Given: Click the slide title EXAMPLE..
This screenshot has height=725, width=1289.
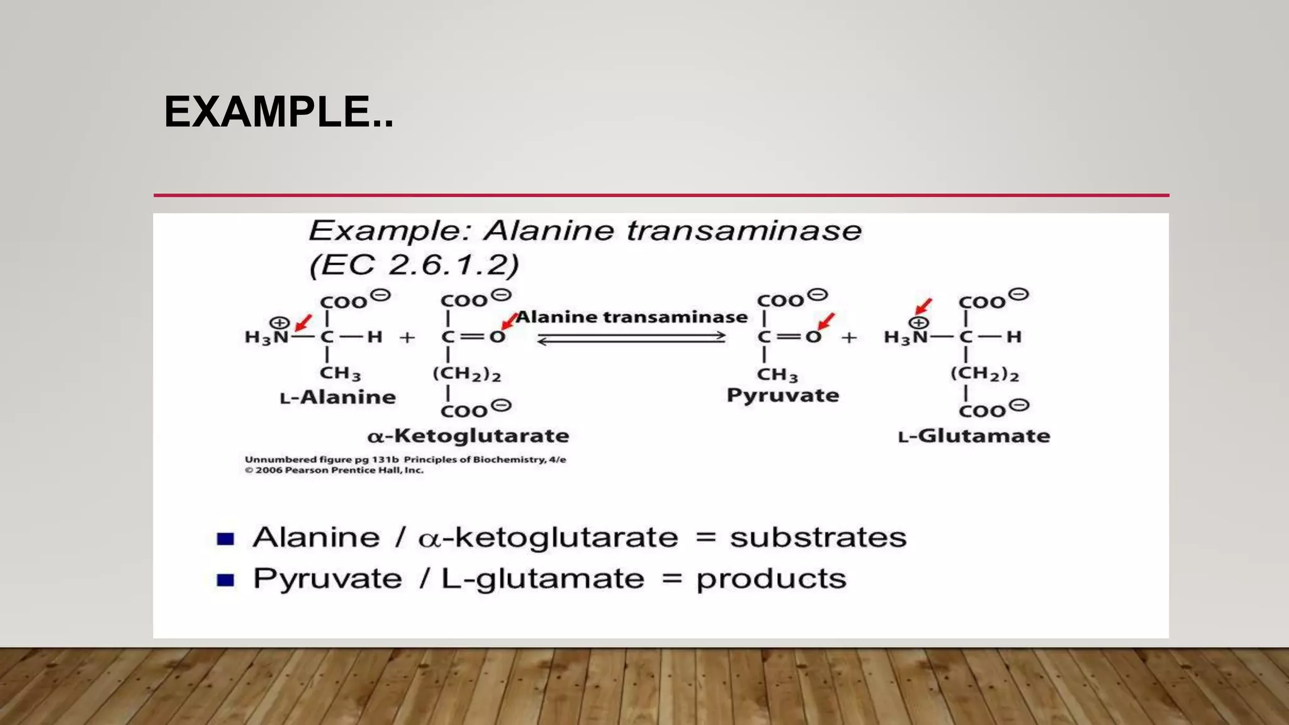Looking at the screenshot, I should tap(278, 112).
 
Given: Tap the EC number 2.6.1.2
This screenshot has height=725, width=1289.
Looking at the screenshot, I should tap(453, 264).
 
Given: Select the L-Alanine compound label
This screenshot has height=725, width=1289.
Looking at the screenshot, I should tap(338, 397).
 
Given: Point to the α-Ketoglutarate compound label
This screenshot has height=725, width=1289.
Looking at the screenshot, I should tap(468, 436).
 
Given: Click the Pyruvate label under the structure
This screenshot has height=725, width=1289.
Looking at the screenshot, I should tap(783, 395).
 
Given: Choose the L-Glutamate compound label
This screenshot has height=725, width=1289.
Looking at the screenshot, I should tap(974, 436).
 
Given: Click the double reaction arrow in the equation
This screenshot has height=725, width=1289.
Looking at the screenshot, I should tap(631, 339).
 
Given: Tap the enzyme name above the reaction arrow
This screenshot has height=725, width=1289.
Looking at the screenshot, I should tap(631, 317).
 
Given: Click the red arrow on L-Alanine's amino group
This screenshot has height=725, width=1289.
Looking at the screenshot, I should tap(303, 323).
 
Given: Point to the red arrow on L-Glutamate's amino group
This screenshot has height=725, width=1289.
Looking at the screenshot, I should tap(923, 306).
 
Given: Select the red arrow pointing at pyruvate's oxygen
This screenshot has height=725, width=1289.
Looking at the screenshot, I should tap(826, 321).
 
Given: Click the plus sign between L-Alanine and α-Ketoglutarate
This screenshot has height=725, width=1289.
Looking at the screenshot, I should tap(407, 337).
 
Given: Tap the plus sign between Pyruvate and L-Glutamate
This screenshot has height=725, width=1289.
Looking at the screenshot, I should tap(849, 337).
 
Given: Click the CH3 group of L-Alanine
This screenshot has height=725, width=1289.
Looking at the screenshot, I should tap(340, 373).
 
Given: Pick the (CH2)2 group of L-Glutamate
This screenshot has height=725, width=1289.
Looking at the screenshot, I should tap(984, 374).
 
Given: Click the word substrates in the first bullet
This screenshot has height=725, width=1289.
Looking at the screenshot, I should tap(818, 537).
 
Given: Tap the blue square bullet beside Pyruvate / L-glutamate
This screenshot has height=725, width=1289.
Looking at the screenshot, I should tap(225, 580).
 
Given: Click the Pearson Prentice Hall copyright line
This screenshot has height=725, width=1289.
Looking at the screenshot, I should tap(334, 470).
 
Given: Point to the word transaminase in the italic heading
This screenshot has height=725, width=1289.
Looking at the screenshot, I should tap(744, 230).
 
